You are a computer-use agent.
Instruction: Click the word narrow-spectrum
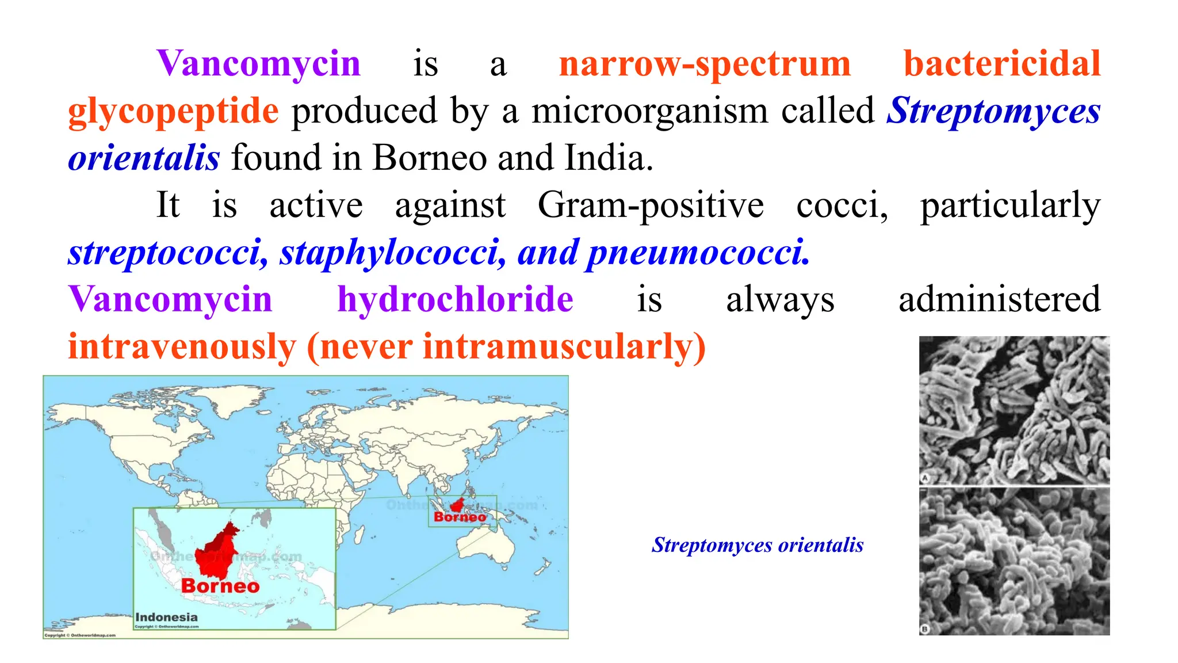pyautogui.click(x=705, y=64)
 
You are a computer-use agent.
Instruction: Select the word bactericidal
pyautogui.click(x=1001, y=63)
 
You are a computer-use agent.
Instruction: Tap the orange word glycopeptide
pyautogui.click(x=173, y=111)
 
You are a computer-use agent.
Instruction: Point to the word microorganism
pyautogui.click(x=649, y=110)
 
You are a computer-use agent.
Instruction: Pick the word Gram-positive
pyautogui.click(x=651, y=205)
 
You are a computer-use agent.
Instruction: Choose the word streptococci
pyautogui.click(x=167, y=253)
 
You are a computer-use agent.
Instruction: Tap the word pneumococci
pyautogui.click(x=698, y=253)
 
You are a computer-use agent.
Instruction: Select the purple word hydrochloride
pyautogui.click(x=455, y=299)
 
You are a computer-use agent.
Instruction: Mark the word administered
pyautogui.click(x=999, y=299)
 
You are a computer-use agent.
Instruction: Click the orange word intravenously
pyautogui.click(x=182, y=347)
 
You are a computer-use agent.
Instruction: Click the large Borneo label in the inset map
pyautogui.click(x=220, y=586)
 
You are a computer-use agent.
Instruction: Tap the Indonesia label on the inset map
pyautogui.click(x=166, y=618)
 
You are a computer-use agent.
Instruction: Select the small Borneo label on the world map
pyautogui.click(x=460, y=517)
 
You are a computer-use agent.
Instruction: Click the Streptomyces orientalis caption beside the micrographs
pyautogui.click(x=757, y=545)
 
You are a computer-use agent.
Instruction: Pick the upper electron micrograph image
pyautogui.click(x=1014, y=410)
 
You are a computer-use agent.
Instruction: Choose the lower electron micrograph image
pyautogui.click(x=1014, y=562)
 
